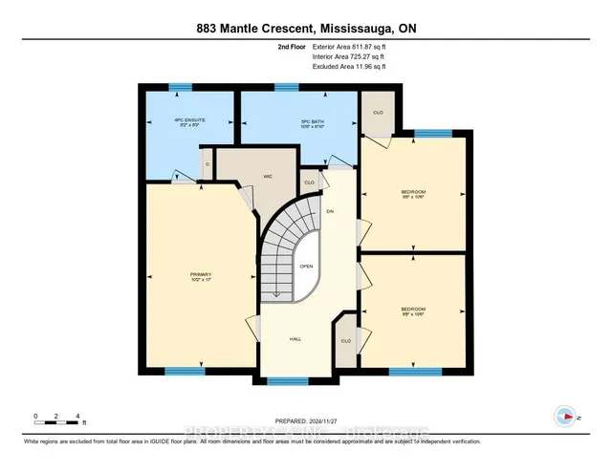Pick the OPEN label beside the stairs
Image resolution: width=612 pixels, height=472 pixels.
306,267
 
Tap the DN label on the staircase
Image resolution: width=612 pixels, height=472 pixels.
330,211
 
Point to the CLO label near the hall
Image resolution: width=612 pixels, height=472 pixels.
346,341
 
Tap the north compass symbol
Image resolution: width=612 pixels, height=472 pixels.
565,416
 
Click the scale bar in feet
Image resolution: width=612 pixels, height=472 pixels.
57,420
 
